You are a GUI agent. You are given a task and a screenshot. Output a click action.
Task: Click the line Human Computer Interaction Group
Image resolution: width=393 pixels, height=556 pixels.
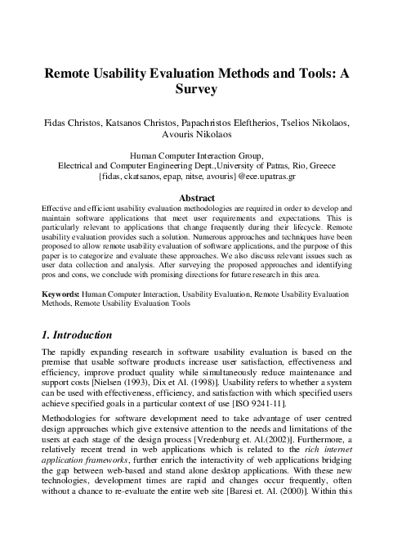[196, 155]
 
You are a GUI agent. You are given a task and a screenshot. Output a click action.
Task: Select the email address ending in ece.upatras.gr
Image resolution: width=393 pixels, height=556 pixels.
[196, 175]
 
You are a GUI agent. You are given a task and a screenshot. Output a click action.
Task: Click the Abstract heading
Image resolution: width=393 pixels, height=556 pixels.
[196, 198]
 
